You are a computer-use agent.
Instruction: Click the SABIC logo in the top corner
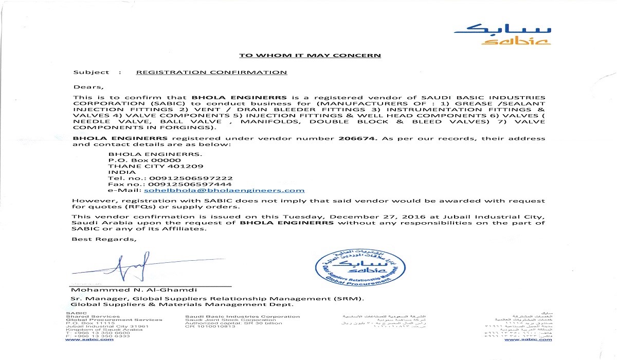(x=502, y=33)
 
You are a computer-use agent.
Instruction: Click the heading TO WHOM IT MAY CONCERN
(x=310, y=56)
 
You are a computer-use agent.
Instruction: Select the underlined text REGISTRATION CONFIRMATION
(x=211, y=73)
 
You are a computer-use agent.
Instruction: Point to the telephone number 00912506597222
(x=190, y=178)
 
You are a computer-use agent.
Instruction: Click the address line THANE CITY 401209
(x=155, y=166)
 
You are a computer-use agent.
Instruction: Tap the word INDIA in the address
(x=118, y=172)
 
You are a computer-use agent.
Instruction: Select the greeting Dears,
(x=85, y=86)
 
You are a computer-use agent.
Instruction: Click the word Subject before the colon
(x=91, y=73)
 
